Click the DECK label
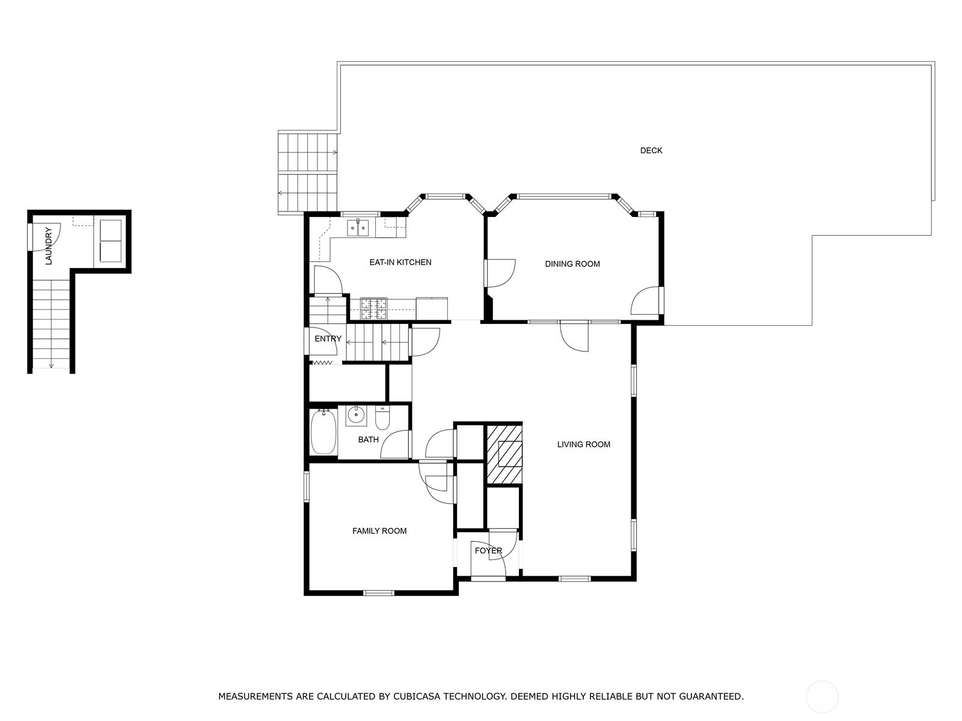pyautogui.click(x=651, y=151)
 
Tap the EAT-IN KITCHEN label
pyautogui.click(x=400, y=263)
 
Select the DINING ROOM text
pyautogui.click(x=572, y=264)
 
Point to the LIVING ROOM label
pyautogui.click(x=583, y=445)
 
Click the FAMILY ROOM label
pyautogui.click(x=379, y=531)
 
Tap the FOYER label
pyautogui.click(x=488, y=551)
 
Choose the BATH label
pyautogui.click(x=368, y=440)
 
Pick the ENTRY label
pyautogui.click(x=328, y=339)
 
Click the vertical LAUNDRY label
pyautogui.click(x=49, y=246)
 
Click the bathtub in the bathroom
pyautogui.click(x=323, y=431)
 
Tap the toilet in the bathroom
pyautogui.click(x=383, y=416)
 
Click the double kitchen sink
pyautogui.click(x=358, y=228)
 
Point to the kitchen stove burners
pyautogui.click(x=373, y=308)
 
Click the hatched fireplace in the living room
pyautogui.click(x=504, y=454)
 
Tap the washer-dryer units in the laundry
pyautogui.click(x=110, y=241)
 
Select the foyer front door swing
pyautogui.click(x=502, y=544)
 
